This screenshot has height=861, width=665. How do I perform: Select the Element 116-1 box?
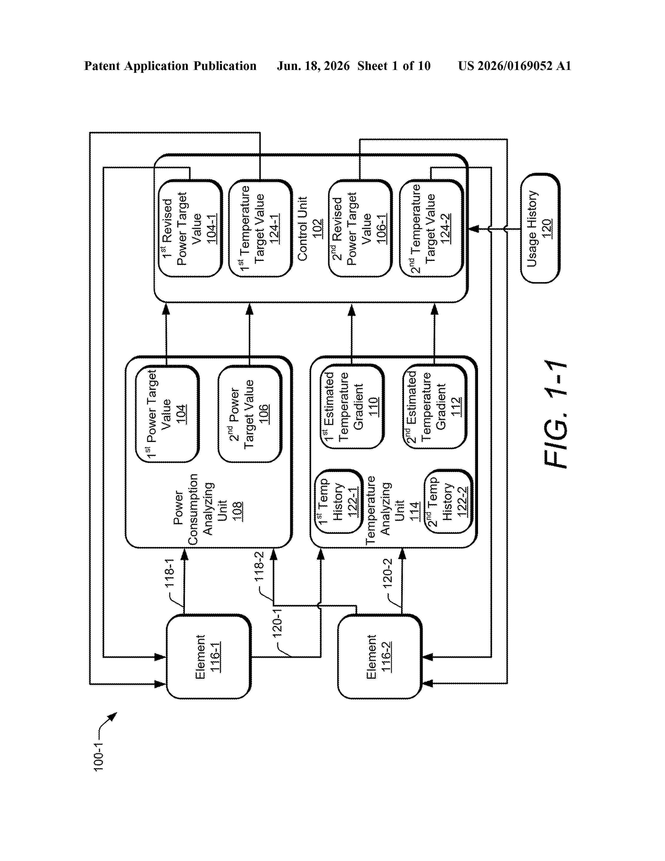coord(208,656)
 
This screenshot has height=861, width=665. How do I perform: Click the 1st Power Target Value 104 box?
coord(167,414)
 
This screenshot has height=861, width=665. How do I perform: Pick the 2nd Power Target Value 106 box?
coord(250,414)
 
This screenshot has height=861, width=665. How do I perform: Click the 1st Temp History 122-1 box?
coord(338,501)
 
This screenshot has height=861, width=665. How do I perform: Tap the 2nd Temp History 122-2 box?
coord(448,501)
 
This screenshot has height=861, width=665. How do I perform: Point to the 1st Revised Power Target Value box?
coord(190,228)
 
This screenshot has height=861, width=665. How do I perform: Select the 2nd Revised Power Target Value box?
coord(360,228)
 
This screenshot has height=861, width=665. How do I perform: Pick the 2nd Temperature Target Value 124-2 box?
coord(431,228)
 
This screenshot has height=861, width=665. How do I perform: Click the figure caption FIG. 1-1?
coord(555,414)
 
